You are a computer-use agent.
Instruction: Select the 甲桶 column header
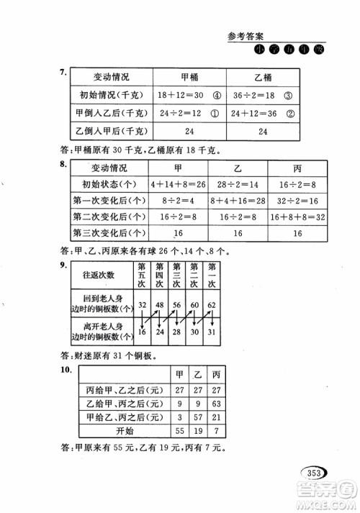(x=192, y=77)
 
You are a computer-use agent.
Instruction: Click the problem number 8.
(x=65, y=165)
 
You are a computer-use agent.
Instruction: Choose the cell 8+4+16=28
(x=235, y=200)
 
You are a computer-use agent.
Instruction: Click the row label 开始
(x=125, y=431)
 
